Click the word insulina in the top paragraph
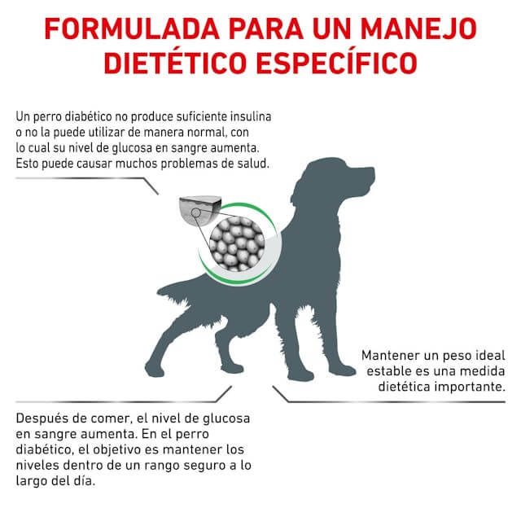(x=247, y=116)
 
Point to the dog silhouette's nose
(x=372, y=173)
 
